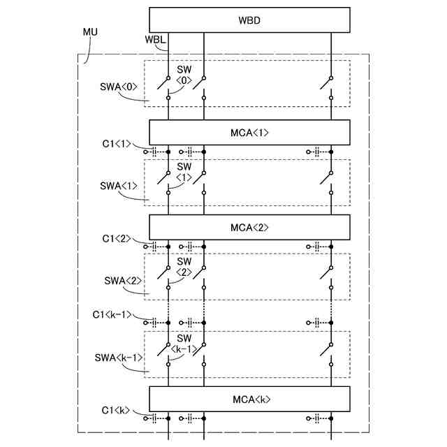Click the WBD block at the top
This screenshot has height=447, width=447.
pyautogui.click(x=249, y=20)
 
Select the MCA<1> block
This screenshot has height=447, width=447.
pyautogui.click(x=249, y=132)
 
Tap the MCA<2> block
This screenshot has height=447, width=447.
pyautogui.click(x=249, y=227)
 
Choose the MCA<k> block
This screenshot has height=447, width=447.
pyautogui.click(x=249, y=400)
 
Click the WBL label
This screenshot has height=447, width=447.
pyautogui.click(x=155, y=39)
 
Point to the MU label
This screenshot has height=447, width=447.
pyautogui.click(x=90, y=33)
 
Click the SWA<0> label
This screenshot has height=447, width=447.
pyautogui.click(x=119, y=89)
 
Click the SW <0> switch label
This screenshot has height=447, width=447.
pyautogui.click(x=184, y=75)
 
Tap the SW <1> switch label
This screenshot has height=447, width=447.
pyautogui.click(x=184, y=172)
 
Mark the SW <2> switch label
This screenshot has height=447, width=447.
pyautogui.click(x=184, y=266)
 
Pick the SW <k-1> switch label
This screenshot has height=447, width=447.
pyautogui.click(x=184, y=343)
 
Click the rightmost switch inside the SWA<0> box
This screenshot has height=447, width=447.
pyautogui.click(x=327, y=84)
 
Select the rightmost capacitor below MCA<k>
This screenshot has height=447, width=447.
pyautogui.click(x=317, y=418)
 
